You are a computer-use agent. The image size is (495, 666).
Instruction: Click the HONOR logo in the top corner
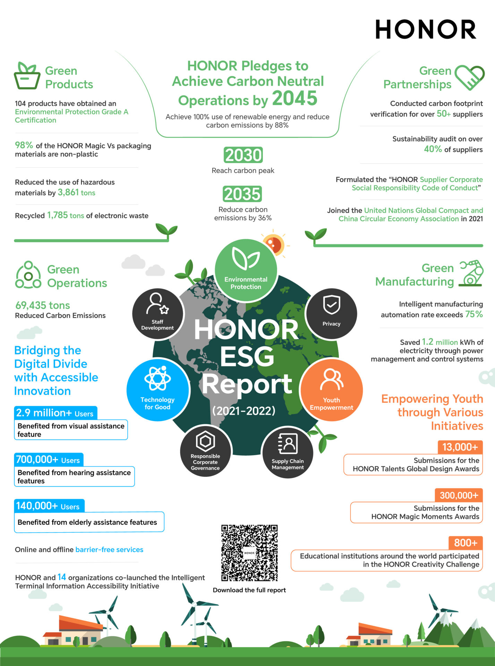(426, 29)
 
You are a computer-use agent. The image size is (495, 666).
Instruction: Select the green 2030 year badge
(243, 155)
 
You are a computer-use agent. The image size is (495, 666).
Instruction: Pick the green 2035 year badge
(242, 194)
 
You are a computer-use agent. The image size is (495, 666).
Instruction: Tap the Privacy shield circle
(331, 313)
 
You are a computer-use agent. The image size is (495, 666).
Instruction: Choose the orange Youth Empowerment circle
(331, 390)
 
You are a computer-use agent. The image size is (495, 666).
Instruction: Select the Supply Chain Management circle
(288, 452)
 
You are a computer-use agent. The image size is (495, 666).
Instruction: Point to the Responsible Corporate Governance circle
(205, 451)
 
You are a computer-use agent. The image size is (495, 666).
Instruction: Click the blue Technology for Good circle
(158, 390)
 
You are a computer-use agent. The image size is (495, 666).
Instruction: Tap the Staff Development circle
(158, 313)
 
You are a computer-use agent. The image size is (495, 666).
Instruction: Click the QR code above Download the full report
(249, 553)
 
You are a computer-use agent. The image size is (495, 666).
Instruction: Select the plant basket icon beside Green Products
(27, 76)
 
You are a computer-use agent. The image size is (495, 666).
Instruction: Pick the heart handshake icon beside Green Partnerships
(469, 78)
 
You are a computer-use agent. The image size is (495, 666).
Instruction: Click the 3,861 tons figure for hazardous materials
(76, 193)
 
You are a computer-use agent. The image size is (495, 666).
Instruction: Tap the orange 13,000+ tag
(460, 447)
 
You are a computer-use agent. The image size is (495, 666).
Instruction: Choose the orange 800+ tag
(466, 543)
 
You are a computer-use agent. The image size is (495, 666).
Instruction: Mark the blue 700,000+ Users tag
(48, 460)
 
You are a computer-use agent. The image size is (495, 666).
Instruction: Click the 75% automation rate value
(474, 314)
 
